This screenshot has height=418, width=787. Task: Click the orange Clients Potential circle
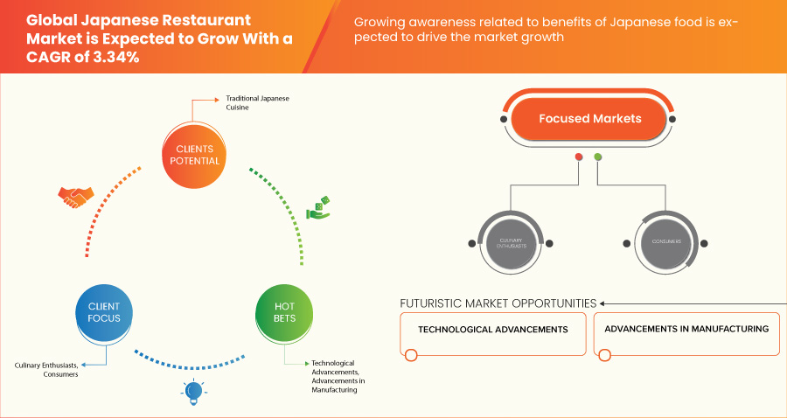click(x=192, y=154)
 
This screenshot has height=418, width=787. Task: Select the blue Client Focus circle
click(x=104, y=311)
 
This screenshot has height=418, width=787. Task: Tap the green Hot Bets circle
click(x=284, y=311)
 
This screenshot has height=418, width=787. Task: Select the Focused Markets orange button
click(x=590, y=118)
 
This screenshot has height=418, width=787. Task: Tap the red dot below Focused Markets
click(x=578, y=157)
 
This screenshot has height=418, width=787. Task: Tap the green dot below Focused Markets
click(x=598, y=157)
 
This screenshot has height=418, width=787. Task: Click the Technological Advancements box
click(x=493, y=330)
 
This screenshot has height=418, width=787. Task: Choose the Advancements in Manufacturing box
click(x=686, y=330)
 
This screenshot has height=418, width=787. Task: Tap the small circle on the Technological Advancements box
click(x=411, y=354)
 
